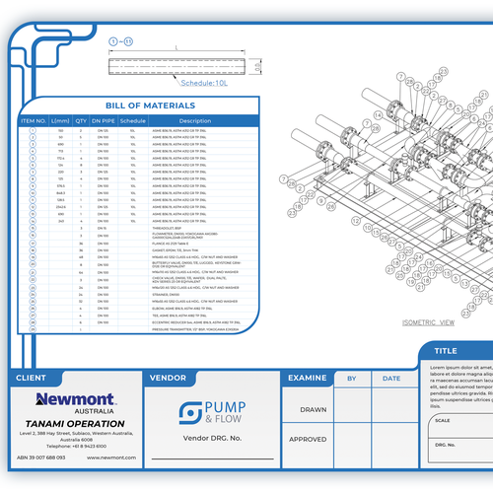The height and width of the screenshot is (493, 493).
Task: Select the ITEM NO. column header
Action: point(34,120)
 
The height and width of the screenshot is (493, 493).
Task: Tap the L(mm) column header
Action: point(60,120)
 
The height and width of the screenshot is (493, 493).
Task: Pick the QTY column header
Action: point(82,120)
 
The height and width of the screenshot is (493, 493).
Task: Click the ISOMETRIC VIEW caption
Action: point(428,322)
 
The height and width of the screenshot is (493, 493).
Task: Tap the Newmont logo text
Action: point(75,399)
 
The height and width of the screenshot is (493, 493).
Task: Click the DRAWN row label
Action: point(312,409)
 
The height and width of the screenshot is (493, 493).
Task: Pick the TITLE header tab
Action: point(447,350)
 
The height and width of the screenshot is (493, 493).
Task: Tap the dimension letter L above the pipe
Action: point(176,46)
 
